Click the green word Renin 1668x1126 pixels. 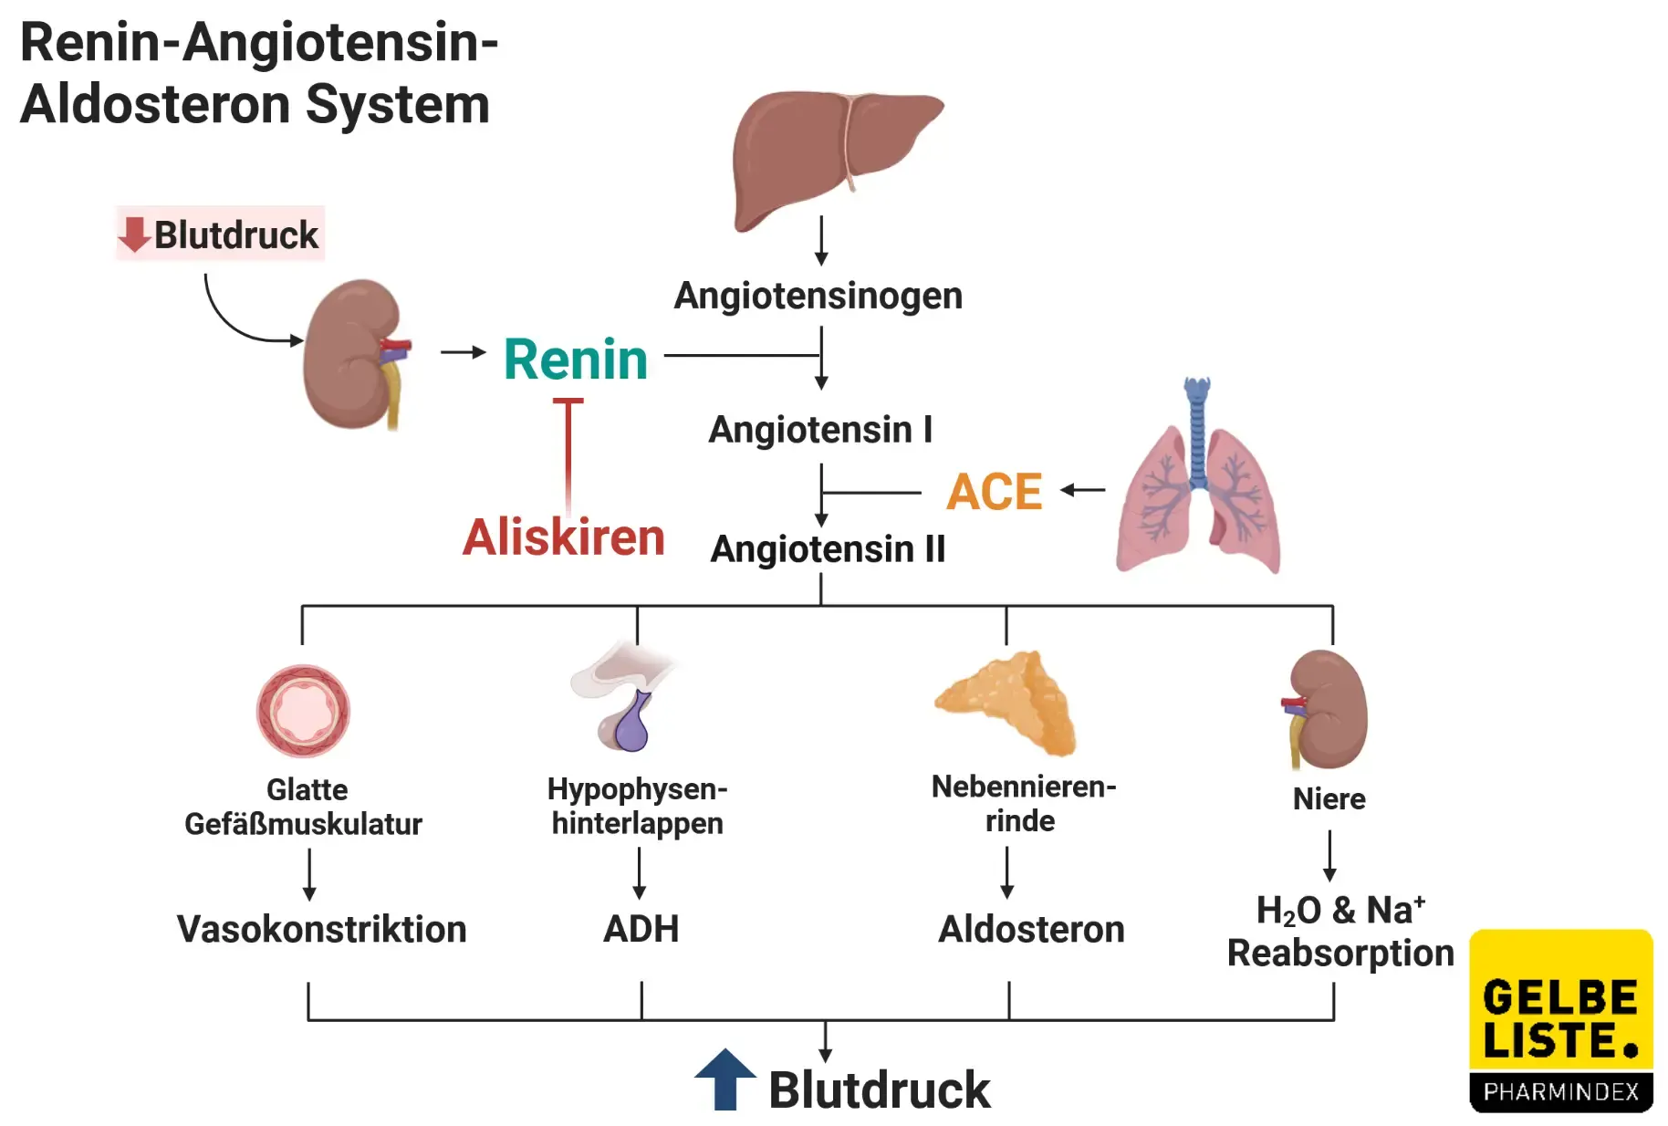point(575,359)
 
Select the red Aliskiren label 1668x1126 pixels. point(563,537)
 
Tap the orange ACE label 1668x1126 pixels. point(994,492)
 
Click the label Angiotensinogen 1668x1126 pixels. point(818,296)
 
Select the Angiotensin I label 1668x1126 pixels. point(820,429)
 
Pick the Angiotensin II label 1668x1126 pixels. point(828,548)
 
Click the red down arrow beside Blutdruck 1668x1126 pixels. point(134,235)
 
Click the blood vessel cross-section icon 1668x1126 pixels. point(303,711)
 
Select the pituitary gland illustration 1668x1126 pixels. point(625,698)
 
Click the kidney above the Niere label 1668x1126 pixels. point(1328,710)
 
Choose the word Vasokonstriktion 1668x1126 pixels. point(321,929)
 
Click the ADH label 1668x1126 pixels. point(641,929)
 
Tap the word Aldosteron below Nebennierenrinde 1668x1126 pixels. point(1031,929)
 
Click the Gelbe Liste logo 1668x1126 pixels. point(1560,1020)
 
